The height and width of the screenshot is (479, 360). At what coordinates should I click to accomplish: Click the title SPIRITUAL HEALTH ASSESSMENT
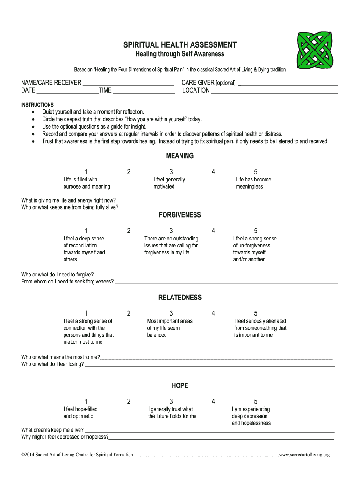180,45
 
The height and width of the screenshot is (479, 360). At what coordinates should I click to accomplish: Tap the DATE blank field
67,92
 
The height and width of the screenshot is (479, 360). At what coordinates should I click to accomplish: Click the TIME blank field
144,92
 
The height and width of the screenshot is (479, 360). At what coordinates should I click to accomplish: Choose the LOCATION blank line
274,92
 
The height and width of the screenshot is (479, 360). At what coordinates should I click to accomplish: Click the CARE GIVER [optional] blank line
288,85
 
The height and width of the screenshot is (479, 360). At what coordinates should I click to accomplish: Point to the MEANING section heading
180,156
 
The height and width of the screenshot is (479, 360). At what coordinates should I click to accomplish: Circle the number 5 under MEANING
256,172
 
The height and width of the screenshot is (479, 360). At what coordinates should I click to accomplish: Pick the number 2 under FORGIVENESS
129,231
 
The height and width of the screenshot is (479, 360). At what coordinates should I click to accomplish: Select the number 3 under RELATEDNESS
171,313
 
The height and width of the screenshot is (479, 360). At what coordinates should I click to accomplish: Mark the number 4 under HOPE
213,401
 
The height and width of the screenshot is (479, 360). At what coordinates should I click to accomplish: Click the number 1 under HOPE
86,401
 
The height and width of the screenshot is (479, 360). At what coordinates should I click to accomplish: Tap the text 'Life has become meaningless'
253,183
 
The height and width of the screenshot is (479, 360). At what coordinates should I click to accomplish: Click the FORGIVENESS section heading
180,215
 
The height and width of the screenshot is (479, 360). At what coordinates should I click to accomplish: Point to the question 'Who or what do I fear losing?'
52,364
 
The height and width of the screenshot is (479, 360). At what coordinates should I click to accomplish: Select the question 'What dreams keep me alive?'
52,430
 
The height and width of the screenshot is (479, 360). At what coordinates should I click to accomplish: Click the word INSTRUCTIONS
37,105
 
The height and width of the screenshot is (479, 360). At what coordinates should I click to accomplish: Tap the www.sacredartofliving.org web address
304,454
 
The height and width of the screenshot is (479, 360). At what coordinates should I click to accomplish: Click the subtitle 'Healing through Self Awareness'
180,54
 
